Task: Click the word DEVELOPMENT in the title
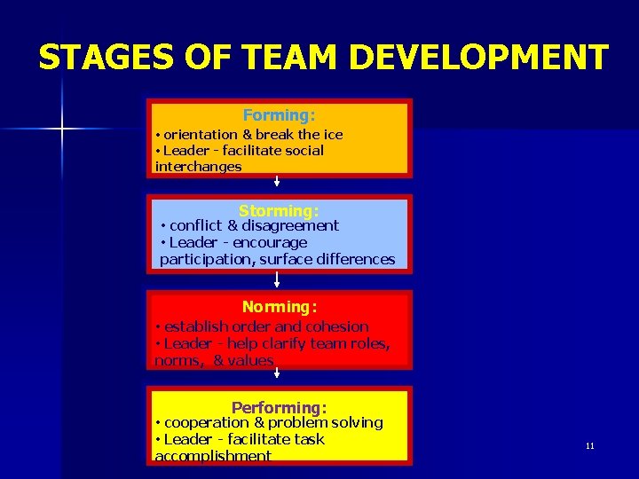click(479, 58)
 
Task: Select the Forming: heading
click(279, 115)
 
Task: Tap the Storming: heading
click(278, 211)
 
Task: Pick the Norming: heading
click(280, 307)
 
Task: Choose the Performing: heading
click(279, 408)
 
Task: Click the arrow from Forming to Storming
click(278, 182)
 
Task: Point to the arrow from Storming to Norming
click(278, 280)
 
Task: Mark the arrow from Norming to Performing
click(278, 373)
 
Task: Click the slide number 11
click(590, 446)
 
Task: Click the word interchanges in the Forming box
click(198, 166)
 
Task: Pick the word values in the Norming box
click(249, 360)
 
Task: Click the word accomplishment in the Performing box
click(213, 456)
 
